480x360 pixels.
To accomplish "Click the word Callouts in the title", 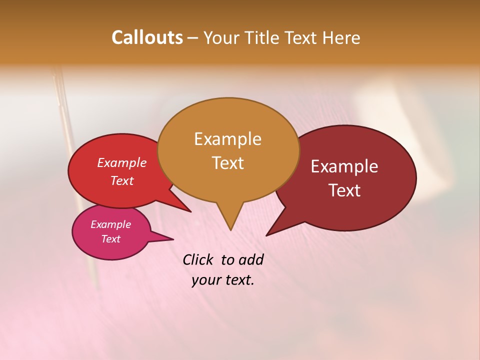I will [147, 37].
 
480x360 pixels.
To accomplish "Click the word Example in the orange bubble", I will [227, 139].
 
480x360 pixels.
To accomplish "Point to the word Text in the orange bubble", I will [227, 163].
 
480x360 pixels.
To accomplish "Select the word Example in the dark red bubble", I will [344, 166].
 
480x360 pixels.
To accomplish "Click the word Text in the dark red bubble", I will [344, 190].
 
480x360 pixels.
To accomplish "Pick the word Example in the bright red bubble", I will [121, 162].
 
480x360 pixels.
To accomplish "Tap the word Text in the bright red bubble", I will [121, 180].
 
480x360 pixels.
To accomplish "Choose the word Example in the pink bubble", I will [110, 224].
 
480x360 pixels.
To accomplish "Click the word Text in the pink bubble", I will [110, 239].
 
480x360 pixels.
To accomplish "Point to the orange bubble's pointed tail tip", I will [230, 229].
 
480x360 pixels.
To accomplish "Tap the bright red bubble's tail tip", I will [190, 211].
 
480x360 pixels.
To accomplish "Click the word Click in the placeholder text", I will [198, 259].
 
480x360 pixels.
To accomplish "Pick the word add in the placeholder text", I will [250, 259].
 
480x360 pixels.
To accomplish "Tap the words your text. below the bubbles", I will [223, 280].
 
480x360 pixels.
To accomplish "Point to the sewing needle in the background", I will [75, 175].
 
